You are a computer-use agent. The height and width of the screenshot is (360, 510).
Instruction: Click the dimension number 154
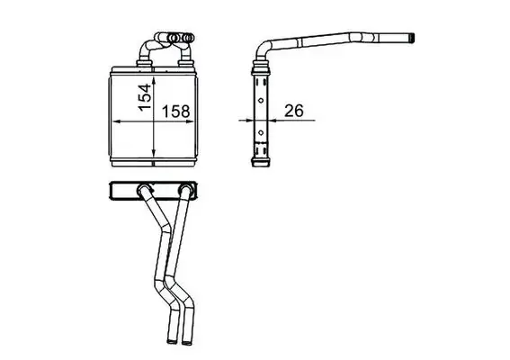145,97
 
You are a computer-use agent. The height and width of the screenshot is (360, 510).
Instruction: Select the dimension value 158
175,112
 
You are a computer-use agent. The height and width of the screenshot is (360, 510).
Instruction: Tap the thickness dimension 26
294,111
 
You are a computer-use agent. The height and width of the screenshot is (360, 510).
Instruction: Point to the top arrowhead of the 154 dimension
154,81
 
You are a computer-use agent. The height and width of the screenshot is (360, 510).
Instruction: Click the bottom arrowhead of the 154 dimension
154,153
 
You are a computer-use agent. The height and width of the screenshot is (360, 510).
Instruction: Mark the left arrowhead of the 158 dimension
117,121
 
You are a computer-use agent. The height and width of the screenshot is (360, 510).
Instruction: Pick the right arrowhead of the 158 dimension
190,121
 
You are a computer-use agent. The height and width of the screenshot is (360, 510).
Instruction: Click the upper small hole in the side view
261,100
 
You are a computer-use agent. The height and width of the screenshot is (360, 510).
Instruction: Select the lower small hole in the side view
261,132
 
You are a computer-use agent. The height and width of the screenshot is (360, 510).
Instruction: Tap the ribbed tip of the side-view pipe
411,39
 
